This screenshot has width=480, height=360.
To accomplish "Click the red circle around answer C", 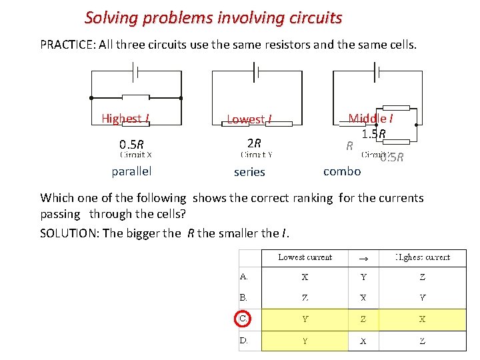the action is click(x=244, y=319).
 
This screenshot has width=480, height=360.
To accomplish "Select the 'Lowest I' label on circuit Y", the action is click(x=249, y=119).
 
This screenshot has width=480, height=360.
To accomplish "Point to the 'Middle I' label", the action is click(x=370, y=119).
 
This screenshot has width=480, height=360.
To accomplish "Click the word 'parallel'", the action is click(x=131, y=171).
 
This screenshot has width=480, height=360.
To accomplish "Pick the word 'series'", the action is click(x=249, y=172).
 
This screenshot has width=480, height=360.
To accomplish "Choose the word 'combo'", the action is click(x=342, y=171).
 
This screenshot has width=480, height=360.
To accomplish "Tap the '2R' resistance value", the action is click(x=254, y=143).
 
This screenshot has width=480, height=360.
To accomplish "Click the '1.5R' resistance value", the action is click(x=373, y=134).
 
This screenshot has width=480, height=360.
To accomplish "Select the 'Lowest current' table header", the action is click(x=305, y=257).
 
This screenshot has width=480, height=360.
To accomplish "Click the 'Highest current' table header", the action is click(x=422, y=257).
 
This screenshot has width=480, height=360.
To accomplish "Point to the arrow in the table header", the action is click(x=363, y=257).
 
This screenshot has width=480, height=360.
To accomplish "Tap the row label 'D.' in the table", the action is click(x=244, y=341).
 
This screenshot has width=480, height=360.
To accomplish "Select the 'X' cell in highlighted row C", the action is click(x=422, y=319).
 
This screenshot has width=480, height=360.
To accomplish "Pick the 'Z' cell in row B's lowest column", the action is click(x=305, y=298).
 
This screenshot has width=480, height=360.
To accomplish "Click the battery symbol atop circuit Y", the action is click(x=255, y=71).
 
